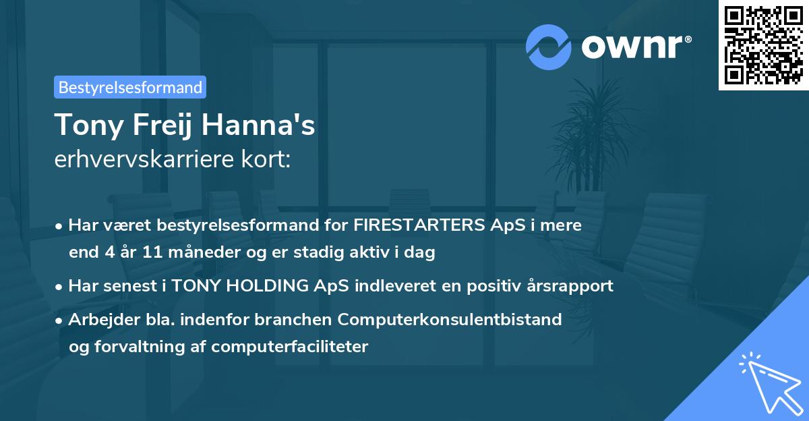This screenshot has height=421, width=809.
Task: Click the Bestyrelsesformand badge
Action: [129, 87]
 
